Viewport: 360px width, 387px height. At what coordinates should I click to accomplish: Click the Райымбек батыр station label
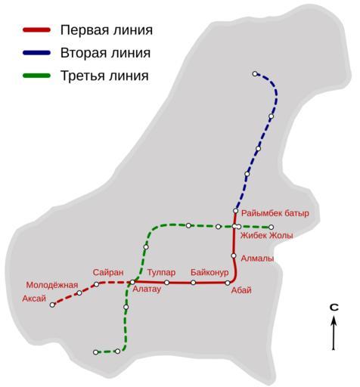(x=275, y=213)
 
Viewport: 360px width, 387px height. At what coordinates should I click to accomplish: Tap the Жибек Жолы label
(x=266, y=236)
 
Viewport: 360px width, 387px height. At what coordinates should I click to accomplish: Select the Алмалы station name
(x=257, y=259)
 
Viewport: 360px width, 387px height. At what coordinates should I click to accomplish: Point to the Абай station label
(x=241, y=290)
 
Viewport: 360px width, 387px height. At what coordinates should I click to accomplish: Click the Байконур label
(x=209, y=272)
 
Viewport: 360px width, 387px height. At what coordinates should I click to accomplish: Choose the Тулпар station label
(x=161, y=272)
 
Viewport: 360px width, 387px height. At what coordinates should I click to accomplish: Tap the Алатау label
(x=147, y=289)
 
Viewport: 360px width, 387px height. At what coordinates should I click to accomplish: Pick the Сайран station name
(x=108, y=272)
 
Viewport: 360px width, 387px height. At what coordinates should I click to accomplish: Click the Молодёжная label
(x=52, y=285)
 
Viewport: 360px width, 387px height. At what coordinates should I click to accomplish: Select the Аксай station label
(x=34, y=299)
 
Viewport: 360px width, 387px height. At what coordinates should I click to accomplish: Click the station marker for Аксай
(x=52, y=305)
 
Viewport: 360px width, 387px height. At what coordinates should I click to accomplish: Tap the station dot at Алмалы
(x=234, y=255)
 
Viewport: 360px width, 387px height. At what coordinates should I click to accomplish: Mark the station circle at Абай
(x=228, y=283)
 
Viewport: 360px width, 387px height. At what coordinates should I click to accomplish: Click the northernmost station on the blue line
(x=255, y=74)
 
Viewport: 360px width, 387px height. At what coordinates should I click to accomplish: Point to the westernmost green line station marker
(x=95, y=352)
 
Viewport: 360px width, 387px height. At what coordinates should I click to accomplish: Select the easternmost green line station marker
(x=271, y=228)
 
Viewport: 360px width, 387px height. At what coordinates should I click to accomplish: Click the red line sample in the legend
(x=37, y=30)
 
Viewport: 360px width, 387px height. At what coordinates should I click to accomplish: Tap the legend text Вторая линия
(x=105, y=53)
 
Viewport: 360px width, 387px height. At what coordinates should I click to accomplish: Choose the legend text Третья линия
(x=104, y=76)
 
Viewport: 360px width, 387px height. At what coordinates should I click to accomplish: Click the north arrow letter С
(x=334, y=308)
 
